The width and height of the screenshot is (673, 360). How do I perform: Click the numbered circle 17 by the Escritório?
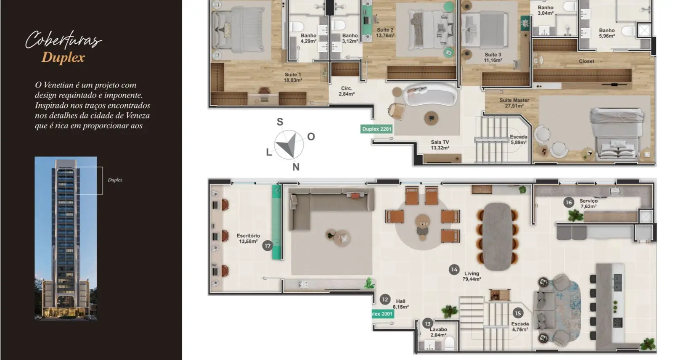(268, 246)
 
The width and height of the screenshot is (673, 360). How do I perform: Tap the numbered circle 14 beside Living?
(454, 270)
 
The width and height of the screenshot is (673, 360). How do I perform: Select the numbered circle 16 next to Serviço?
(568, 203)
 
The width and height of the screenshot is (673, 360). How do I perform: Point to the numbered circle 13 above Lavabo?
(427, 324)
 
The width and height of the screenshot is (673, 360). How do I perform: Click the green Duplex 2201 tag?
(377, 129)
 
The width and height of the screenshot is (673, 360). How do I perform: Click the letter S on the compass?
(280, 122)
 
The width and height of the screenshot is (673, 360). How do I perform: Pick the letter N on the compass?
(296, 167)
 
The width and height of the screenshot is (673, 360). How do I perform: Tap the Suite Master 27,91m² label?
(514, 103)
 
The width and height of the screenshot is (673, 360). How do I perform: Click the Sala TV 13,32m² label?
(440, 145)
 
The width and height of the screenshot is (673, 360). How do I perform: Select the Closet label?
(586, 61)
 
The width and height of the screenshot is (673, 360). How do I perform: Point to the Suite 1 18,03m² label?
(293, 77)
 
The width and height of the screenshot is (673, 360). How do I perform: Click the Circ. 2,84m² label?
(347, 91)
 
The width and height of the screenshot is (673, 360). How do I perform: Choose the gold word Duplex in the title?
(63, 57)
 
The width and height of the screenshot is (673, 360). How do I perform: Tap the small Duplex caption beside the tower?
(115, 180)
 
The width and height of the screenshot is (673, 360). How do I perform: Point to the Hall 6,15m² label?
(400, 304)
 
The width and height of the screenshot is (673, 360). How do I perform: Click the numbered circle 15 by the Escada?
(518, 313)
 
